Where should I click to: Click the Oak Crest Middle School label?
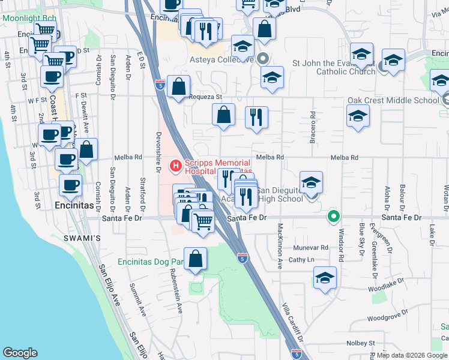[393, 101]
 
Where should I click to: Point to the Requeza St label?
[206, 97]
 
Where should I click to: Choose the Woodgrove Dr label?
[388, 317]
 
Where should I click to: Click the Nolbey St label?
[360, 343]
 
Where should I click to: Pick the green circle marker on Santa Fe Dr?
[333, 217]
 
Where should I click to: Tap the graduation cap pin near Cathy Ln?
[325, 278]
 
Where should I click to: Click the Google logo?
[20, 352]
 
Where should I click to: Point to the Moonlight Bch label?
[29, 18]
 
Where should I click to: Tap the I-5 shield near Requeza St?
[159, 85]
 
